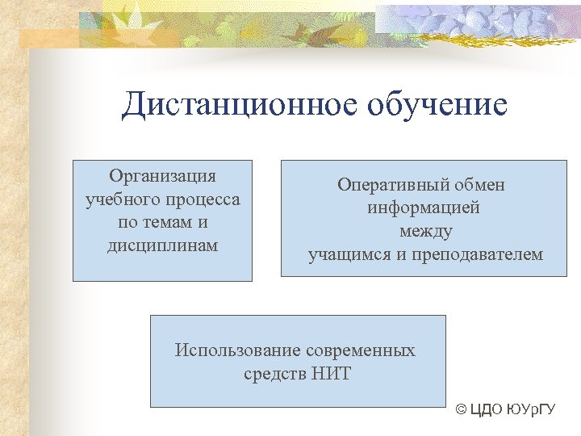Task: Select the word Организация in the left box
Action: coord(162,176)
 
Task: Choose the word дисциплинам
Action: coord(162,245)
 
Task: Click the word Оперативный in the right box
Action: coord(385,185)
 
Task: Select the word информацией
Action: coord(424,208)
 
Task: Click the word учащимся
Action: coord(348,255)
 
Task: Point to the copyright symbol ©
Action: coord(461,410)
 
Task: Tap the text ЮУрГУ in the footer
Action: coord(533,410)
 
